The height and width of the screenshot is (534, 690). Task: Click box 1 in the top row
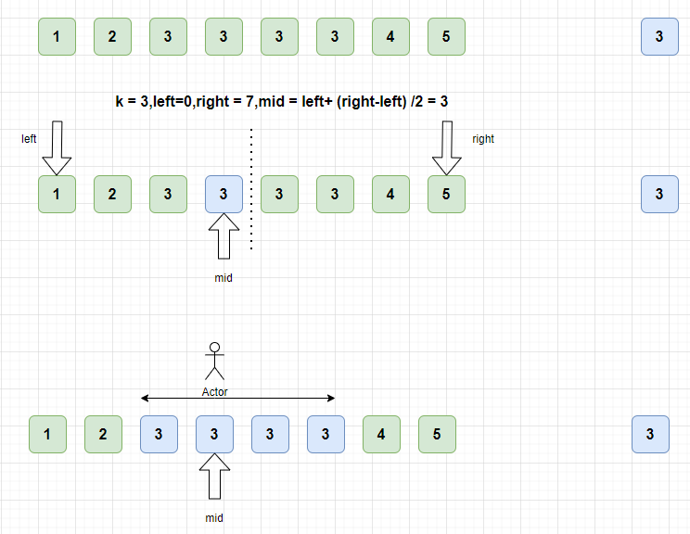57,37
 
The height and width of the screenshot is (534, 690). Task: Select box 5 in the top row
446,37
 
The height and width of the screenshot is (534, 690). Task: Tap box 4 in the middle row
390,194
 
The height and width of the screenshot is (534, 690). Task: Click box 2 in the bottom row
103,434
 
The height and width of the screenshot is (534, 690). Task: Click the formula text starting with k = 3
282,101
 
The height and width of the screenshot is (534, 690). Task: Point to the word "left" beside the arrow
29,139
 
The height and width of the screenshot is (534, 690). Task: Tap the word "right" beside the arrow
483,139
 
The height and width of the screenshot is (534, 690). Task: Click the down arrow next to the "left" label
57,147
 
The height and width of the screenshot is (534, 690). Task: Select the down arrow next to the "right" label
446,147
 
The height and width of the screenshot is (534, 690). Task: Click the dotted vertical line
251,190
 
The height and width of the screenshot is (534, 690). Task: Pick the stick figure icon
214,362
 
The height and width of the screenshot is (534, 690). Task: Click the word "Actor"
214,392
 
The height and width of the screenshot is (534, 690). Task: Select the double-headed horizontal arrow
237,399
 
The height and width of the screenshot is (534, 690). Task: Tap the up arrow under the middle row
224,236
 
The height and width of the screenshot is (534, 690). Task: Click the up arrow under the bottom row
214,477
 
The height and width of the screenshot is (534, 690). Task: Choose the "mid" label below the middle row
224,277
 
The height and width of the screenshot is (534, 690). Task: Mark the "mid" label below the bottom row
214,517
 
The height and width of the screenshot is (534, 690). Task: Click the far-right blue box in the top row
659,37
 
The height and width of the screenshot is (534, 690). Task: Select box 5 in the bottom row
437,434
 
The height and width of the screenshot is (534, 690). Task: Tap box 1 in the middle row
57,194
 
